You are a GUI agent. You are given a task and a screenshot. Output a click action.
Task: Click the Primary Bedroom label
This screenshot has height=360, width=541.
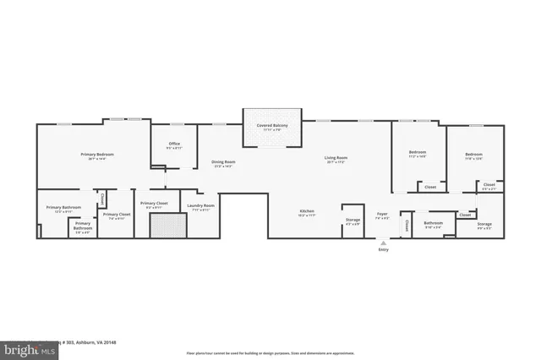[97, 155]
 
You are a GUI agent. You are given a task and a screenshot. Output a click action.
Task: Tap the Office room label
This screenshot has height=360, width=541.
[174, 145]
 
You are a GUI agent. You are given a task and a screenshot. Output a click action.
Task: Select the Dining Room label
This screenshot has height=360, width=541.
[223, 162]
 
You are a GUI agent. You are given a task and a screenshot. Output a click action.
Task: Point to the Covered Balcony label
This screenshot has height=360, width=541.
[272, 126]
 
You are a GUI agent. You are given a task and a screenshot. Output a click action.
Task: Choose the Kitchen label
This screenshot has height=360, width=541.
[307, 211]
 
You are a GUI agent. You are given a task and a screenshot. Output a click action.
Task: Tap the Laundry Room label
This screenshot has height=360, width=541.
[200, 206]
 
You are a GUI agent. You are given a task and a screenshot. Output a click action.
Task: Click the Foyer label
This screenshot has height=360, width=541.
[382, 214]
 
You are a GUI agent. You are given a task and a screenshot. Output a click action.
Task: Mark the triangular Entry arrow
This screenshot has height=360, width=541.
[383, 243]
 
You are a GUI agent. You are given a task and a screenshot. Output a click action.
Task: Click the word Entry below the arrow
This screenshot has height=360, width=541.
[384, 249]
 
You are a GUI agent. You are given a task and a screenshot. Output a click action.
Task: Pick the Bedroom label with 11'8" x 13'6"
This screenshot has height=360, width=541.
[473, 155]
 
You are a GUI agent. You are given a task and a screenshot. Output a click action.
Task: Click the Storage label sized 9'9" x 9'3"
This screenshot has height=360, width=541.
[484, 225]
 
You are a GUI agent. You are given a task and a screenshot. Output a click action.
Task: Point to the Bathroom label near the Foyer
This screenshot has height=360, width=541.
[433, 223]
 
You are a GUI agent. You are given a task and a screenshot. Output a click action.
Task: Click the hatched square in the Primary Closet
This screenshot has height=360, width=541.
[167, 226]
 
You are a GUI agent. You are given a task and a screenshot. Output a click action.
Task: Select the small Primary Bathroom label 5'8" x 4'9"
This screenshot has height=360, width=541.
[83, 226]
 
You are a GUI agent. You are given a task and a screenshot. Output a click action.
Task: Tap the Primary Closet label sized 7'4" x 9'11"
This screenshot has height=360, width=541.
[117, 215]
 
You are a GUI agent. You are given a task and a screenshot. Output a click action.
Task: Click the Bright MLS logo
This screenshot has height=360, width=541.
[27, 347]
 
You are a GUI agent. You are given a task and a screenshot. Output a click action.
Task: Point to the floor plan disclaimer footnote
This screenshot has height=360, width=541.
[271, 352]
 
